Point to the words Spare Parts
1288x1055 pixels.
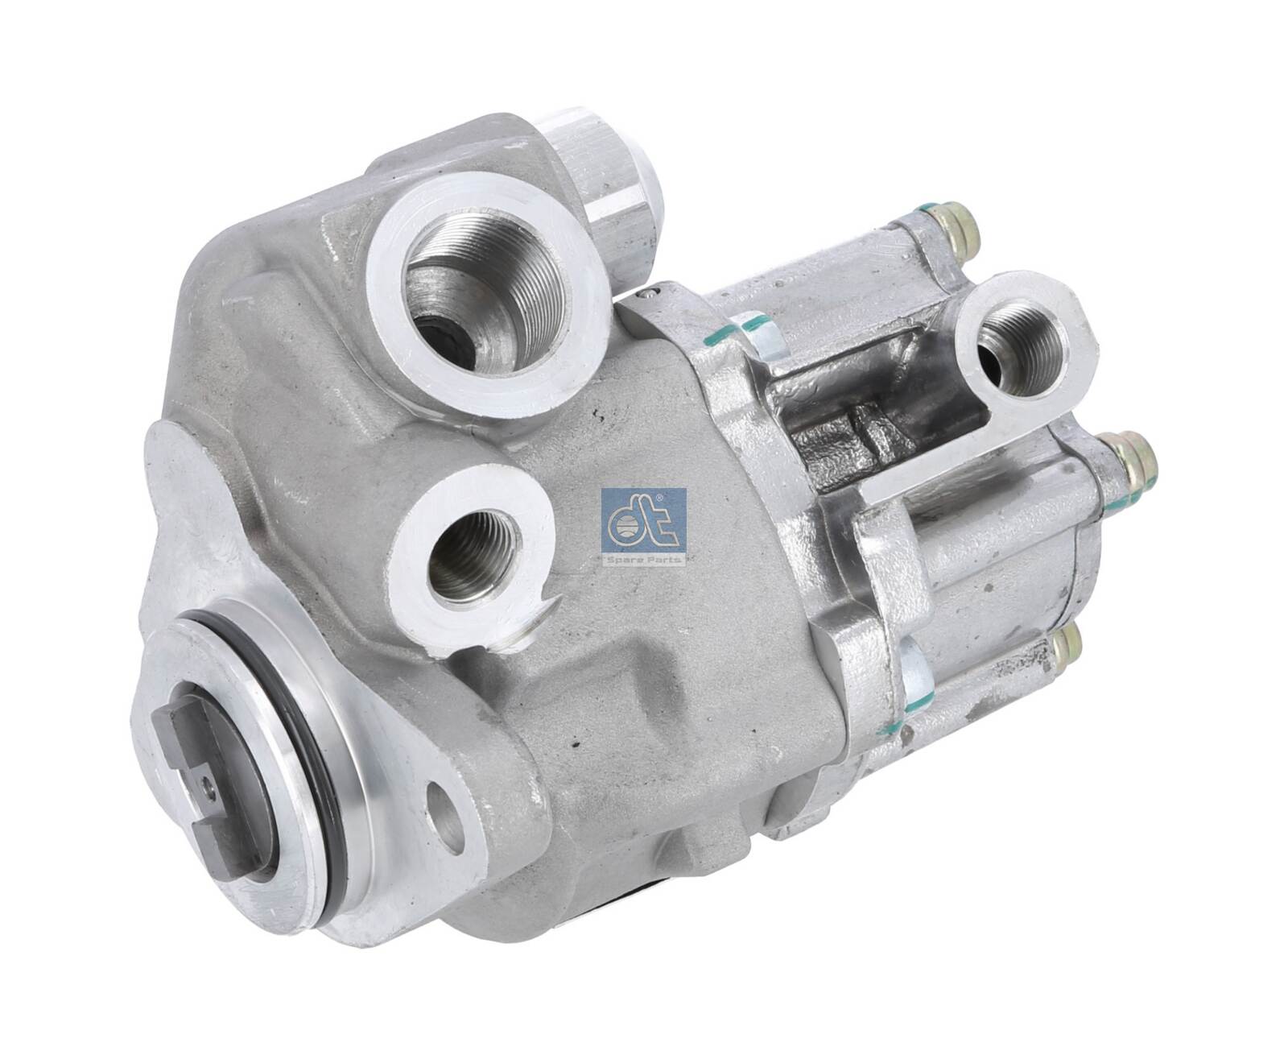pos(643,557)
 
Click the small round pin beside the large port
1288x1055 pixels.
pos(648,295)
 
